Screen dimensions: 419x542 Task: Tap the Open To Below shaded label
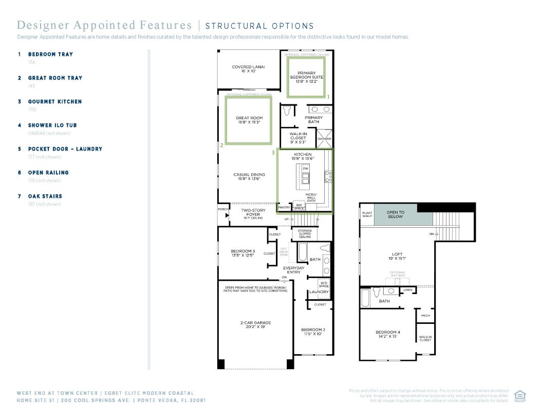pyautogui.click(x=395, y=214)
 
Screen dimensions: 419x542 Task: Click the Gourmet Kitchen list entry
pyautogui.click(x=55, y=102)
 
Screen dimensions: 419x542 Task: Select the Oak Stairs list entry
pyautogui.click(x=45, y=196)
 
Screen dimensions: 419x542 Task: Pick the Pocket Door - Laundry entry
pyautogui.click(x=65, y=149)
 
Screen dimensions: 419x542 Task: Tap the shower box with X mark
pyautogui.click(x=324, y=138)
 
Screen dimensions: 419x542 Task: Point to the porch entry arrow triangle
pyautogui.click(x=227, y=215)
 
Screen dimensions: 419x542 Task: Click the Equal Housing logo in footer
pyautogui.click(x=519, y=395)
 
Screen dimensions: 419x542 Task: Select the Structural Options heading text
pyautogui.click(x=259, y=26)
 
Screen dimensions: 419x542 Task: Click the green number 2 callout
pyautogui.click(x=221, y=145)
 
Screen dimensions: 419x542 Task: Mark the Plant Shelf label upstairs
pyautogui.click(x=367, y=214)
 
